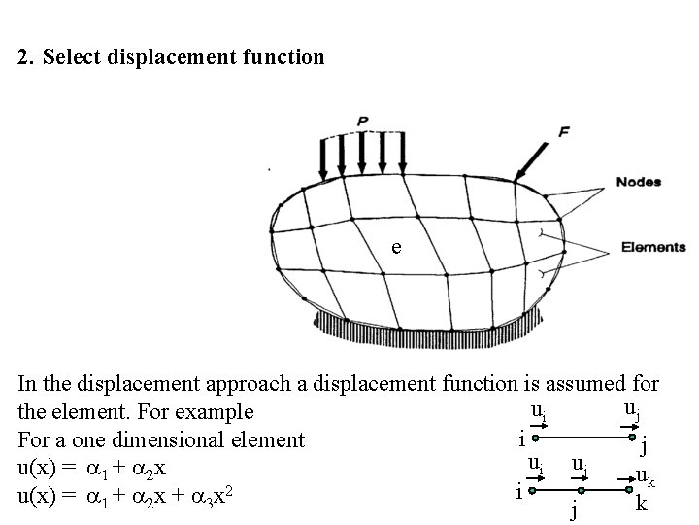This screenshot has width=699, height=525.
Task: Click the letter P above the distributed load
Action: pyautogui.click(x=362, y=121)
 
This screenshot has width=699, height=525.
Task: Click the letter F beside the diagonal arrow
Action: pyautogui.click(x=564, y=131)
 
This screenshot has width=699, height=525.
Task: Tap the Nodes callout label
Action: pyautogui.click(x=638, y=182)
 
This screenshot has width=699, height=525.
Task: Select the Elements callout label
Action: pyautogui.click(x=652, y=247)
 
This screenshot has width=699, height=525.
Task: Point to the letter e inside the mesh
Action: pyautogui.click(x=395, y=247)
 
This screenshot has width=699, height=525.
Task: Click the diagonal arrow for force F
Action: pyautogui.click(x=531, y=157)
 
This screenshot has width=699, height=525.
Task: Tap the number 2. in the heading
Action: pyautogui.click(x=27, y=57)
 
